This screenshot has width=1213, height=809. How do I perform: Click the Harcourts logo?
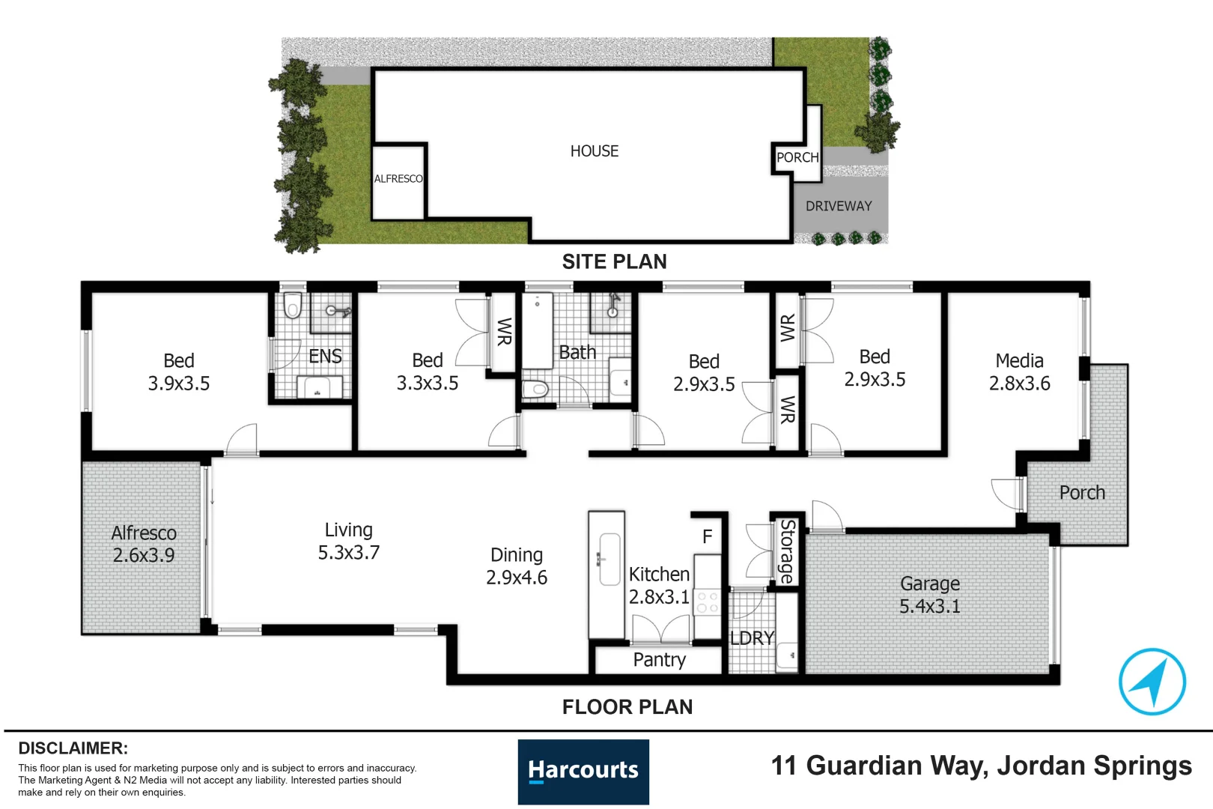pyautogui.click(x=583, y=772)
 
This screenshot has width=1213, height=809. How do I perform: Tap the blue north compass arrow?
pyautogui.click(x=1152, y=681)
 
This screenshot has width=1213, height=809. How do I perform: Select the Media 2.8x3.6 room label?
pyautogui.click(x=1019, y=372)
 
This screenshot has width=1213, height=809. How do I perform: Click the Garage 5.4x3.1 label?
pyautogui.click(x=929, y=595)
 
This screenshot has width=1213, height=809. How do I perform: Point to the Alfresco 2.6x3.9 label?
pyautogui.click(x=144, y=544)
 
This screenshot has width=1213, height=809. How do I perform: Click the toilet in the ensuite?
pyautogui.click(x=293, y=306)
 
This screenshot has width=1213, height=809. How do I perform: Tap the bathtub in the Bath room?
pyautogui.click(x=537, y=330)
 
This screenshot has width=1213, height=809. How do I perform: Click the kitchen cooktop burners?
pyautogui.click(x=708, y=602)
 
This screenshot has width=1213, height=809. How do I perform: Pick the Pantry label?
pyautogui.click(x=659, y=660)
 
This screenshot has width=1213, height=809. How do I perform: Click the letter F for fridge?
pyautogui.click(x=707, y=536)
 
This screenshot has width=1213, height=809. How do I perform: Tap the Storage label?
pyautogui.click(x=786, y=551)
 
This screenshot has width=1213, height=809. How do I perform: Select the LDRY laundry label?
pyautogui.click(x=752, y=638)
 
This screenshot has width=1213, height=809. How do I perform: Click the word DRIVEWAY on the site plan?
pyautogui.click(x=839, y=206)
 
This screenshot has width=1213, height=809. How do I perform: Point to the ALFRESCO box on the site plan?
pyautogui.click(x=398, y=179)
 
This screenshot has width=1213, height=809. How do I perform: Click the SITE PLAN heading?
pyautogui.click(x=614, y=261)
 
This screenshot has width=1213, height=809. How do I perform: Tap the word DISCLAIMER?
pyautogui.click(x=73, y=748)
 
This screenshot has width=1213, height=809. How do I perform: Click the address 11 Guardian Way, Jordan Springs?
pyautogui.click(x=981, y=766)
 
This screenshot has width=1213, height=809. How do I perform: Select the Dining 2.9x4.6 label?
pyautogui.click(x=517, y=566)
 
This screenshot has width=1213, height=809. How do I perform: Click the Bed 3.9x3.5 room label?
pyautogui.click(x=178, y=372)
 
